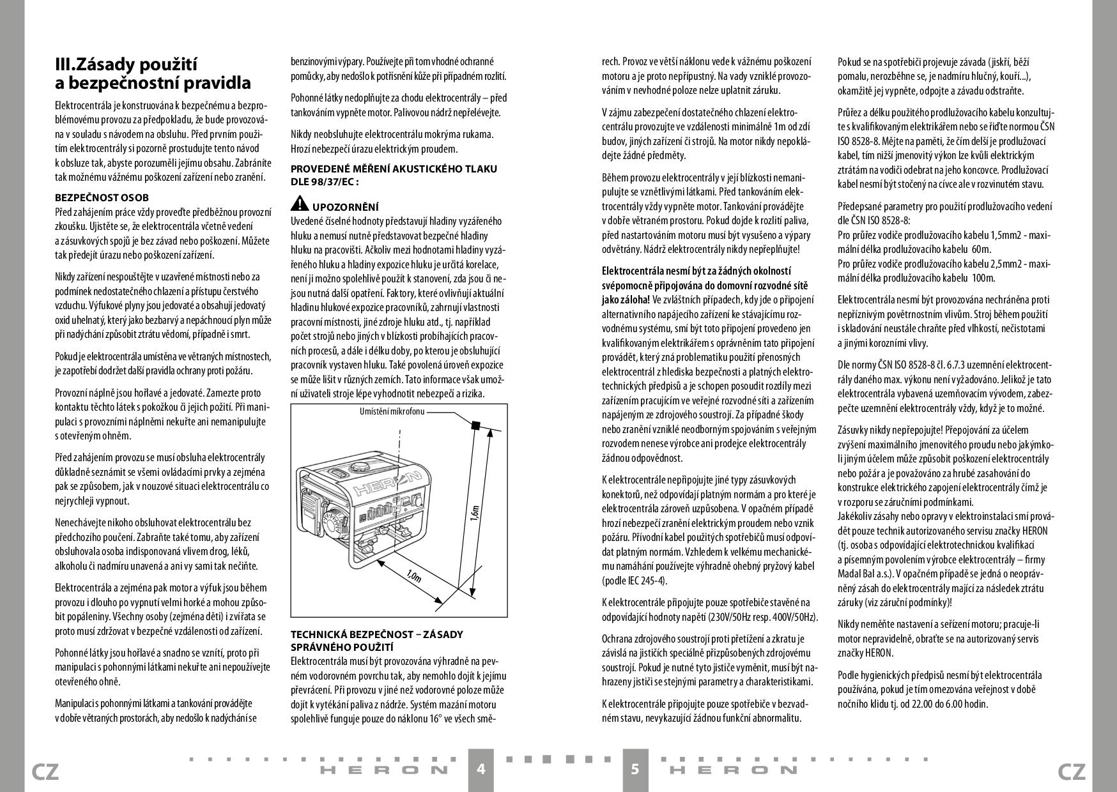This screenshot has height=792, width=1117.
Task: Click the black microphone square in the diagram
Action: pos(475,425)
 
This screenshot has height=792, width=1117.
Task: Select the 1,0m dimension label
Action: pos(413,575)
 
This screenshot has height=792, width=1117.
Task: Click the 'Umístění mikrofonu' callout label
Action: pos(392,411)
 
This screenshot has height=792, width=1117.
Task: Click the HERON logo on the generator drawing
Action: pos(388,484)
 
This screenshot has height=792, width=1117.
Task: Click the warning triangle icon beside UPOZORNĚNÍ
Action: pos(299,204)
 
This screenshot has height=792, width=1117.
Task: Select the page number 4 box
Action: pos(481,769)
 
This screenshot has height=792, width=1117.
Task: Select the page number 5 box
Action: pos(635,769)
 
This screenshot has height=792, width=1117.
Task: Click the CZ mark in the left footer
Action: pos(45,772)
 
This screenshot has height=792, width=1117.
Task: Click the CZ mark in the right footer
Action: pos(1072,772)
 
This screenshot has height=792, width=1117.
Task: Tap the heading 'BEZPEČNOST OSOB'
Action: pos(102,198)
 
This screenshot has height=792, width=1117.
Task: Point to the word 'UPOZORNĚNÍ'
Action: pos(345,207)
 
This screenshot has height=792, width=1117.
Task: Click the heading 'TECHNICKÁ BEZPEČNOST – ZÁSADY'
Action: pos(377,634)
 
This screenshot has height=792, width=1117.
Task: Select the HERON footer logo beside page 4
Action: pos(383,770)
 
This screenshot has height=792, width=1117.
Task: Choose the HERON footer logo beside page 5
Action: pos(733,770)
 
